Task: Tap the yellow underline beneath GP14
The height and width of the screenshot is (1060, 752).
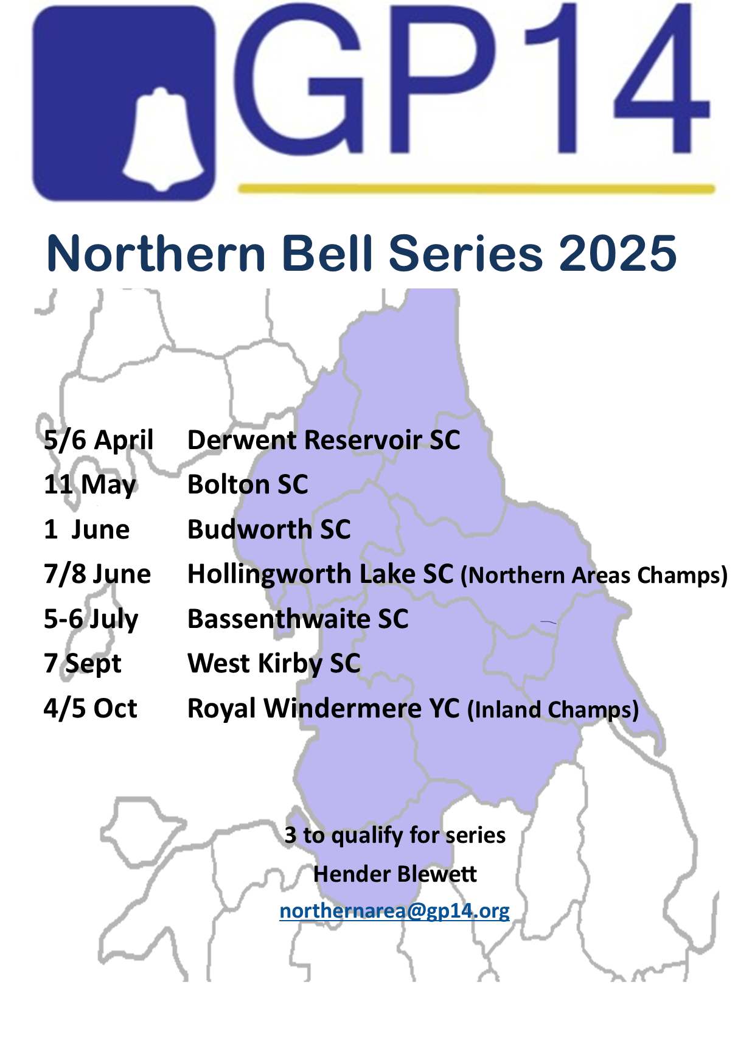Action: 476,189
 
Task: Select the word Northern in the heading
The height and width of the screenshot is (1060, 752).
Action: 156,253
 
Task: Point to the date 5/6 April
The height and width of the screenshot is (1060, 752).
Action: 99,440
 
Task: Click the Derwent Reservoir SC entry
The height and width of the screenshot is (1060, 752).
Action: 324,440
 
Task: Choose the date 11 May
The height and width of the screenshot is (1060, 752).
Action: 90,485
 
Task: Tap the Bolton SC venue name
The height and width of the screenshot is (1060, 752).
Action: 248,484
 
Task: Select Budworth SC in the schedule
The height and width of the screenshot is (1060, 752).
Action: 269,529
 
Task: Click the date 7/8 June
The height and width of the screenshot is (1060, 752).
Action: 97,574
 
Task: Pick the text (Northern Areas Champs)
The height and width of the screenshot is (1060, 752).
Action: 594,575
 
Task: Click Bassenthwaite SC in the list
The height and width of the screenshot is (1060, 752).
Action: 298,619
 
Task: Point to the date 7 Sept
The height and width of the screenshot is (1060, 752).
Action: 83,664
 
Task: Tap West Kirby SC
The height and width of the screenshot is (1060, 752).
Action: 274,663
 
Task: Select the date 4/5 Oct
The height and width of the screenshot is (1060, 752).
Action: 91,708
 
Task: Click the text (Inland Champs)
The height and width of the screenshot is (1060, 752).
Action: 553,710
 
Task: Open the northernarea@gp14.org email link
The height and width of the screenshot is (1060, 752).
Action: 395,911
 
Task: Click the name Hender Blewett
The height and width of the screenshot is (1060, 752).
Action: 395,874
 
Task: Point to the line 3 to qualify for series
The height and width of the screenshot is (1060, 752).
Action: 395,835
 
